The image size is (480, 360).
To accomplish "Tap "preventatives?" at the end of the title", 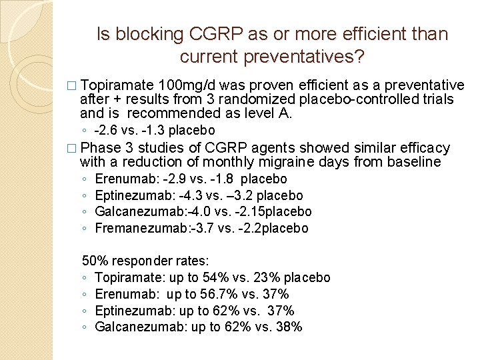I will [304, 58].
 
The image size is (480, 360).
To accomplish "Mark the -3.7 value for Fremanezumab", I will [187, 228].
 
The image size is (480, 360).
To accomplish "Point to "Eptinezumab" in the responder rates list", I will [129, 311].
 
